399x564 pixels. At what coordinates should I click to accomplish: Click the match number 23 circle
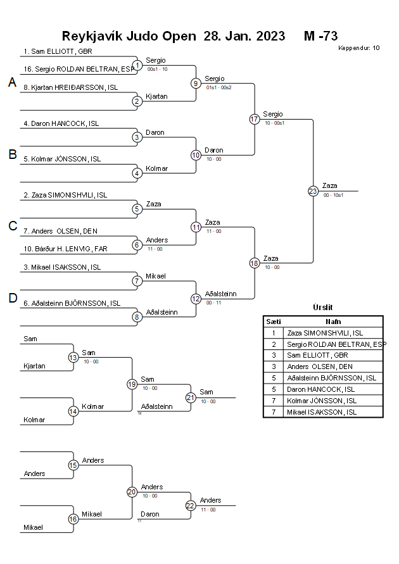point(313,191)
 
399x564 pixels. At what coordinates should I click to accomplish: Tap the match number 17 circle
point(255,119)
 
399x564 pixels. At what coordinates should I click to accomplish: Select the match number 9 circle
point(196,83)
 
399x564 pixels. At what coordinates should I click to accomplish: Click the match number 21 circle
point(191,398)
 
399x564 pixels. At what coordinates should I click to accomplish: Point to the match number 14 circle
point(73,411)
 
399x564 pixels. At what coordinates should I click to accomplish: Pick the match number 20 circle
point(132,492)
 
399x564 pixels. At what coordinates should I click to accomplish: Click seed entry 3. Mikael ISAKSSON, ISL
point(62,267)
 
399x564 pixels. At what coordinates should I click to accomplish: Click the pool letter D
point(12,298)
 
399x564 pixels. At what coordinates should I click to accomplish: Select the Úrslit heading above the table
point(322,307)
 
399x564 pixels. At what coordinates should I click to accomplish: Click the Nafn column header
point(333,322)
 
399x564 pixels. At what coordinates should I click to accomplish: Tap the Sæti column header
point(273,322)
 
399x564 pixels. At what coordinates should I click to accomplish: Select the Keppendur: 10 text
point(358,47)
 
